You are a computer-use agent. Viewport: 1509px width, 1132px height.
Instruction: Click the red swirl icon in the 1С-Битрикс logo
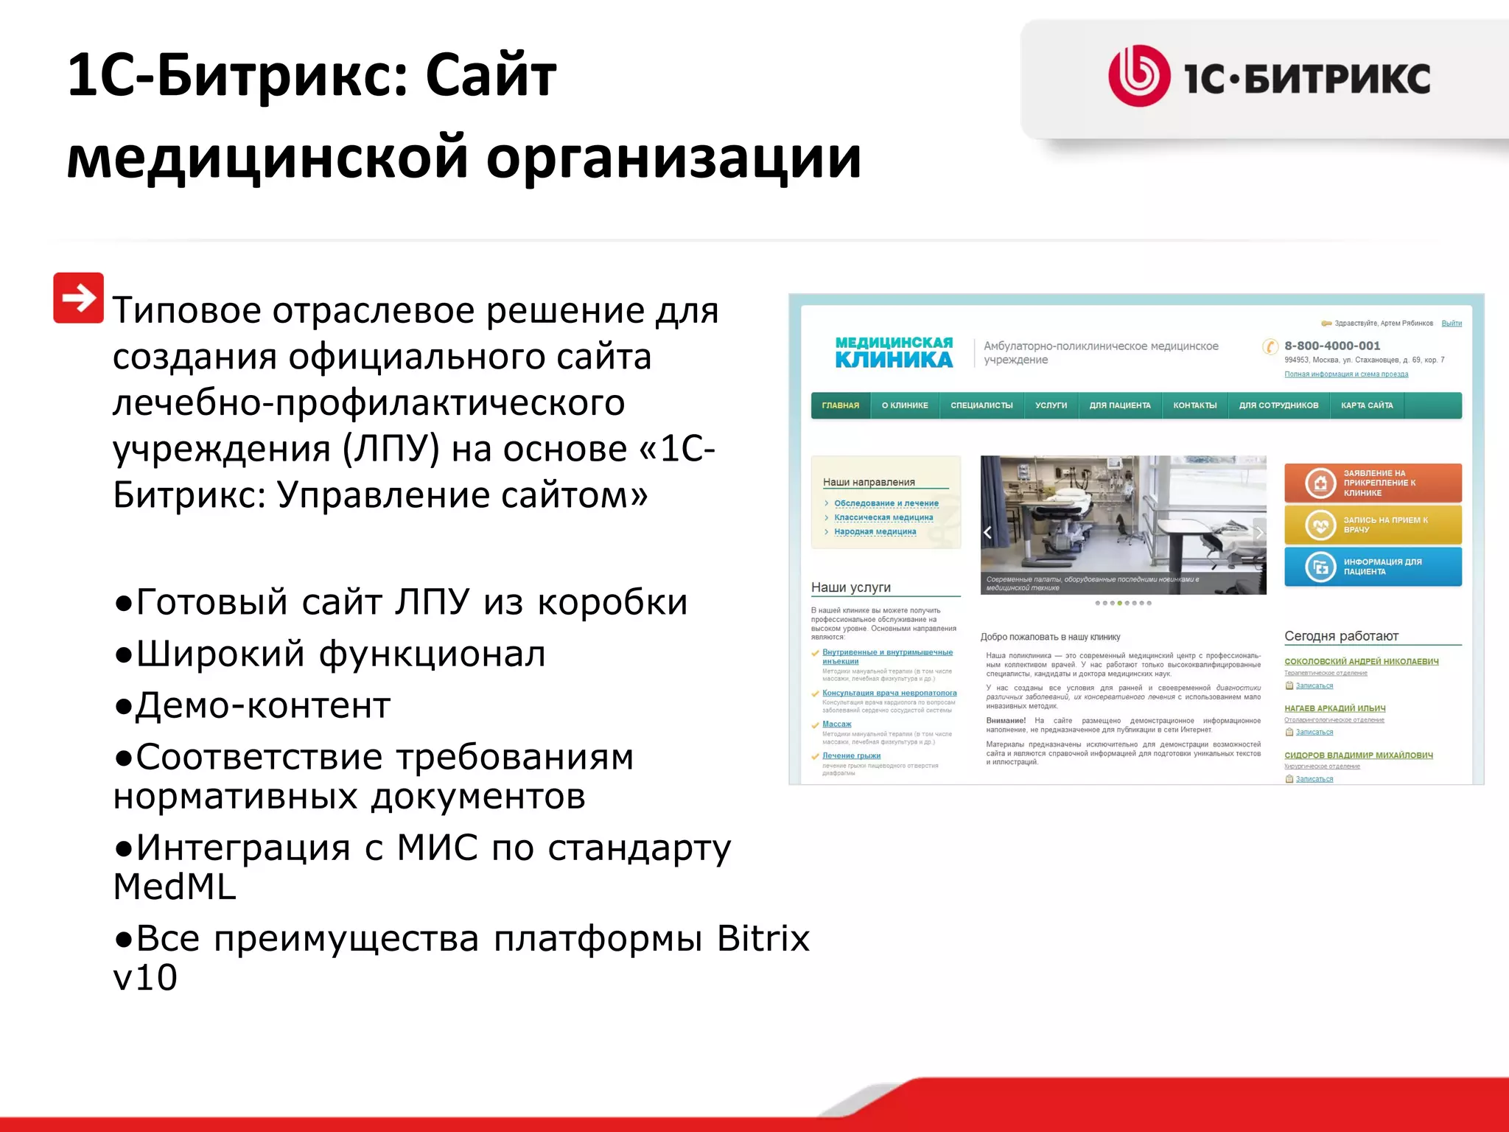click(1138, 76)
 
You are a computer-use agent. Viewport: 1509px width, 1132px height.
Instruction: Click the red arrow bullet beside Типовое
click(78, 298)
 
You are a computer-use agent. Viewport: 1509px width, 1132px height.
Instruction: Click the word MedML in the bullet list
click(175, 887)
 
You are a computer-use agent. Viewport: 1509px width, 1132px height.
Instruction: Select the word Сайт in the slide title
click(490, 75)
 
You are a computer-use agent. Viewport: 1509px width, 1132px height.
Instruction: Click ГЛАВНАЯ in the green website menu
click(840, 405)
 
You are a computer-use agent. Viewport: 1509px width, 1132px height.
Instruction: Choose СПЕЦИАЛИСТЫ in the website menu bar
click(981, 405)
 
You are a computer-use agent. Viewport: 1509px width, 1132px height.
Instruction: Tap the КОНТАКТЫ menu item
click(1194, 405)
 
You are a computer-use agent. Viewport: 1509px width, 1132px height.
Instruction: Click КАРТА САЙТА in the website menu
click(1366, 405)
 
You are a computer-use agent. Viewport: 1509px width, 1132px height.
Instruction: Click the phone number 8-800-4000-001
click(1332, 346)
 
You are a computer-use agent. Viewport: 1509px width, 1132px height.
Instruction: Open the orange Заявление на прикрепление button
click(1372, 483)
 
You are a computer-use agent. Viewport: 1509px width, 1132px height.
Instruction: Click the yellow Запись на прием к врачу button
click(1372, 525)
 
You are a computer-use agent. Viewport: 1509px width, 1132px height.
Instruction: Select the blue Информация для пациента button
click(1372, 567)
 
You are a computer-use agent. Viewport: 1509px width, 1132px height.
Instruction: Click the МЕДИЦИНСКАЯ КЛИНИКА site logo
click(893, 352)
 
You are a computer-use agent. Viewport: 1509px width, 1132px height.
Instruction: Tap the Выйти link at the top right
click(1451, 324)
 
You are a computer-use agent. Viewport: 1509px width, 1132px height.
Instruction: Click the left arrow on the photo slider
click(988, 532)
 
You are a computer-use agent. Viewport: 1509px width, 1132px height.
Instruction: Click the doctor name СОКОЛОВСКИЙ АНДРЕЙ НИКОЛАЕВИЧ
click(1361, 661)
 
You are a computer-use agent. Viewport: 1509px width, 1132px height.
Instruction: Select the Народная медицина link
click(875, 531)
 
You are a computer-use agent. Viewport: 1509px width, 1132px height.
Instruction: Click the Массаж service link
click(836, 724)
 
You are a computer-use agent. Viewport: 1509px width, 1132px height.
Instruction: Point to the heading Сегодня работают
click(1341, 636)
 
